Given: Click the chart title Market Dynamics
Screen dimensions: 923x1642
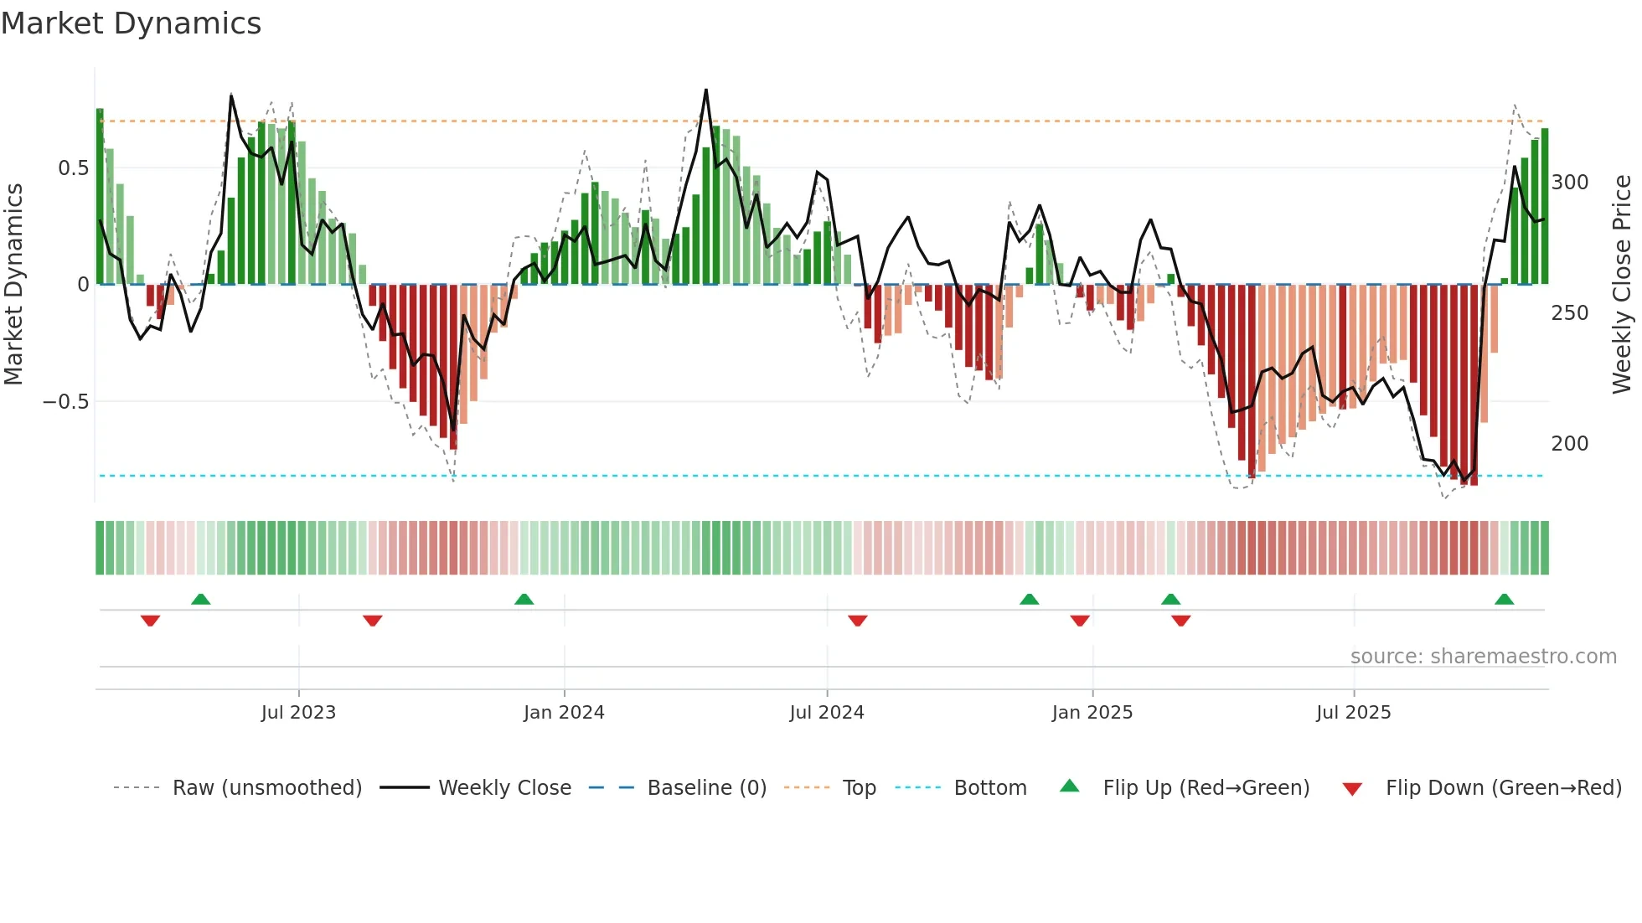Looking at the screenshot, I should [132, 23].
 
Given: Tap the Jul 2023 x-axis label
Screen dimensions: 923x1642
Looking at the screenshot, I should [298, 713].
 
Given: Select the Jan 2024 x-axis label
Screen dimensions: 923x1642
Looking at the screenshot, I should [564, 713].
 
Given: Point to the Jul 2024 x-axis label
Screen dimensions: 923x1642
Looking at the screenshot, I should [827, 713].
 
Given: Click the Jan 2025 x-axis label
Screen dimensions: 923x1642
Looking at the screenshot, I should [1092, 713].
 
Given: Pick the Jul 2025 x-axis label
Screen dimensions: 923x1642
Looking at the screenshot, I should [1354, 713].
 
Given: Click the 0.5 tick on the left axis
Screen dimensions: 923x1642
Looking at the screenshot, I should [73, 168].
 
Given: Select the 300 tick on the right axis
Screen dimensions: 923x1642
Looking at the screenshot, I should [1570, 183].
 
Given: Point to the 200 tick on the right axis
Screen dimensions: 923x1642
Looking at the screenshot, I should [1570, 444].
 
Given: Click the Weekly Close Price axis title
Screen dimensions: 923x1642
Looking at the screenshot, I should [1622, 285].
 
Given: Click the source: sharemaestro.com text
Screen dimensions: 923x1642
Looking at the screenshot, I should [1484, 657].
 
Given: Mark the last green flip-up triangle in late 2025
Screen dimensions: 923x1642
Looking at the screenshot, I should [1504, 599].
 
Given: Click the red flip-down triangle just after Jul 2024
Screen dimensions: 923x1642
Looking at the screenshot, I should [857, 621].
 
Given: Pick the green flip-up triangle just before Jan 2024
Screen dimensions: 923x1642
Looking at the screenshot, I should [524, 599].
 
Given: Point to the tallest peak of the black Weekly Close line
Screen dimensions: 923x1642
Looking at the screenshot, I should [706, 90].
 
